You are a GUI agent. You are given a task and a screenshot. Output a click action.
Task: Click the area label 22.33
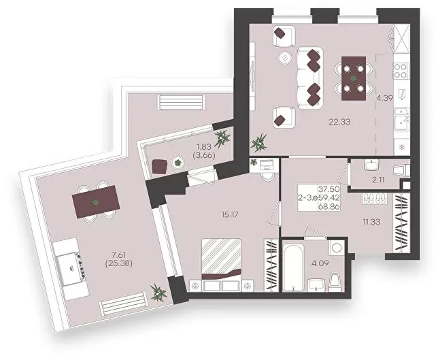coord(339,122)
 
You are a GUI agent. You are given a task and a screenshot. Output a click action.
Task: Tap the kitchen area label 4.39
coord(385,98)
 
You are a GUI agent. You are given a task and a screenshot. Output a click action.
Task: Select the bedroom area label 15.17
coord(230,214)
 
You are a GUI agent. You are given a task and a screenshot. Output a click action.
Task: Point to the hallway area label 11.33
coord(371,222)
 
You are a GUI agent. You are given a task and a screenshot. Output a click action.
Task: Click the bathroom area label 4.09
coord(320,263)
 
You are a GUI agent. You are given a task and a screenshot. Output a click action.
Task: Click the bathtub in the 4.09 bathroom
coord(293,267)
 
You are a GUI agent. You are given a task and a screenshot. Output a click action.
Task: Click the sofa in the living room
coord(310,78)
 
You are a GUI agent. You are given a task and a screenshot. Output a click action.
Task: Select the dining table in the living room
coord(354,78)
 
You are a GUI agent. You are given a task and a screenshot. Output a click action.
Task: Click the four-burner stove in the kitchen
coord(401,71)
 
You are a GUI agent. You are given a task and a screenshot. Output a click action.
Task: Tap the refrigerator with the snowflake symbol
coord(402,147)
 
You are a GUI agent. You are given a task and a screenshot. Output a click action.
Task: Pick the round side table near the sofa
coord(285,58)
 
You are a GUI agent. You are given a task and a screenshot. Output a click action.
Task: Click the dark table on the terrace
coord(96,202)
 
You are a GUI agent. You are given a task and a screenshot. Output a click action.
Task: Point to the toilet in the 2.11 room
coord(401,171)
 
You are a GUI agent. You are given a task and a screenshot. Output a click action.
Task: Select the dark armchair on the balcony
coord(160,166)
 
